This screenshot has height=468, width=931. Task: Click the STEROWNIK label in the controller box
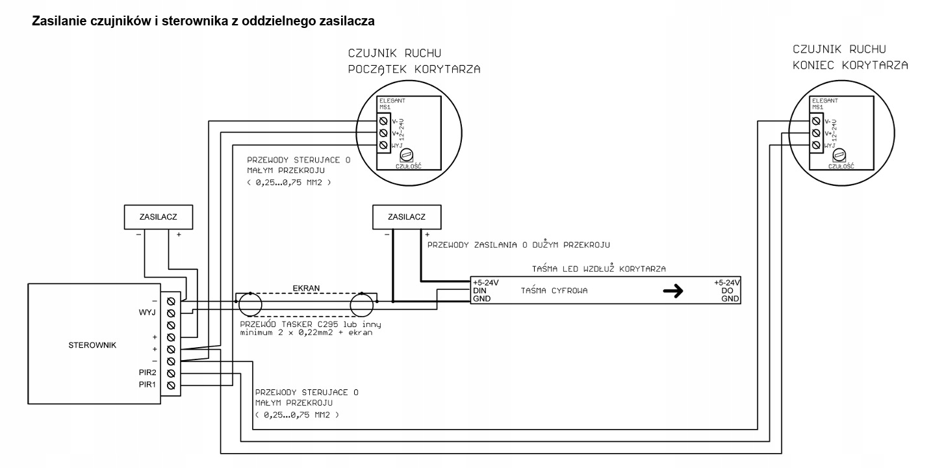[92, 345]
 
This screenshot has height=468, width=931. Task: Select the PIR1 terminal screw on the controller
[171, 385]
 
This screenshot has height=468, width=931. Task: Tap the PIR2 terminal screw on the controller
[171, 374]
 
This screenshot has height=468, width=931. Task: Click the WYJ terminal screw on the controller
[171, 313]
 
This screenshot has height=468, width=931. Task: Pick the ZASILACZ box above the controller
[159, 216]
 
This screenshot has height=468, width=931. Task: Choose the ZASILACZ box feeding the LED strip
[407, 216]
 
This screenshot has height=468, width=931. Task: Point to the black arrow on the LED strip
[673, 291]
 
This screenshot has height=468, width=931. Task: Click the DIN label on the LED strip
[479, 291]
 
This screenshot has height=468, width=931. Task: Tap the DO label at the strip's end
[727, 291]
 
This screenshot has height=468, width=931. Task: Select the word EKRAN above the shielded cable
[306, 289]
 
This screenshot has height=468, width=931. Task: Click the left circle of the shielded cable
[250, 305]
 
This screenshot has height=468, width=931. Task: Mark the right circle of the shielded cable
[362, 305]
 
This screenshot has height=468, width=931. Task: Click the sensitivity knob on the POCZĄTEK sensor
[406, 155]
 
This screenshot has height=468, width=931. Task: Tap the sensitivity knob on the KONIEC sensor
[839, 155]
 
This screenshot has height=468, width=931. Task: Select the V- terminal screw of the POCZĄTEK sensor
[383, 121]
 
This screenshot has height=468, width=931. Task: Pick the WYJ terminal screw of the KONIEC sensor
[816, 145]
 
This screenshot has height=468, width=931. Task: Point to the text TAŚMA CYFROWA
[554, 291]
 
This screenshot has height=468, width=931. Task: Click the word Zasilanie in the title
[58, 21]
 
